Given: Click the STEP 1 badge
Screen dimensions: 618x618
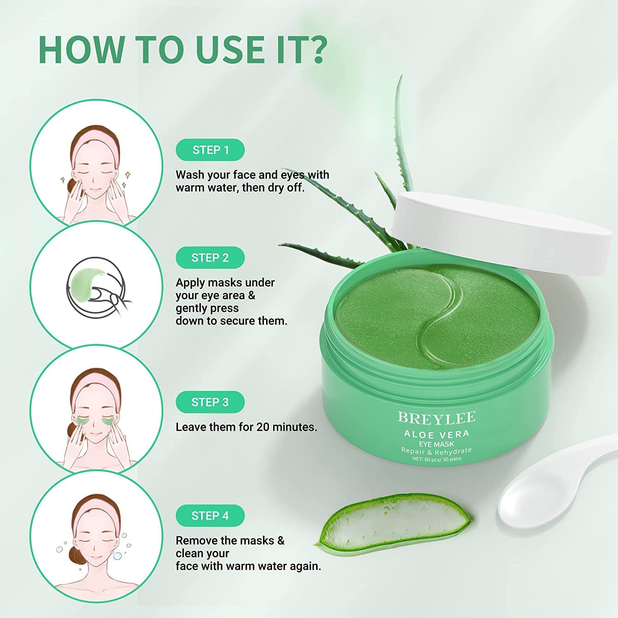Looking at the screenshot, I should (210, 150).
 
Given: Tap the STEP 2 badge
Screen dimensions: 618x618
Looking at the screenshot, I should (210, 258).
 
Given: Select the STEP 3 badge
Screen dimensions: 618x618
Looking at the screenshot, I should (210, 402).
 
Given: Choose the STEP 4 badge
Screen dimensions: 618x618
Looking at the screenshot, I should (210, 516).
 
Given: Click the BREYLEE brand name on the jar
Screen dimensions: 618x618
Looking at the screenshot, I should (436, 418).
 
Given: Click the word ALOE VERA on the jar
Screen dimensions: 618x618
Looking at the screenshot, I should (436, 434).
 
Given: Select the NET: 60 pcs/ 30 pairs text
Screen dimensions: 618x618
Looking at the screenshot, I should (437, 459).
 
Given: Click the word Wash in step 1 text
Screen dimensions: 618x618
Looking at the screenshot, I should (190, 175).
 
